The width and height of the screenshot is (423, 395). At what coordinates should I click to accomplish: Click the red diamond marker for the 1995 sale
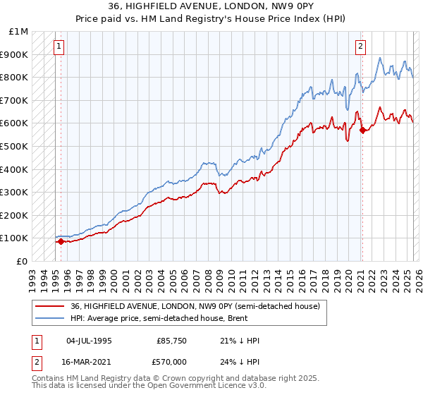tap(61, 242)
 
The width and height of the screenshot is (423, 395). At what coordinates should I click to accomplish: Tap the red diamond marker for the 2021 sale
tap(362, 130)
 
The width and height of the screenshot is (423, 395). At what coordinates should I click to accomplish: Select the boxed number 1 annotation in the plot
tap(59, 47)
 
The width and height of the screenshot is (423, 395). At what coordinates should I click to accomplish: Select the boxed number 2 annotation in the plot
tap(360, 47)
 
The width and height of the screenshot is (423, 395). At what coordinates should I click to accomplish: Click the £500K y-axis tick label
tap(13, 146)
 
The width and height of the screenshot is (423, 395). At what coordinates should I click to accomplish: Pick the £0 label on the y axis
tap(23, 261)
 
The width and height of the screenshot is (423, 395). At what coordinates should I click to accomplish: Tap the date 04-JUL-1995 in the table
tap(89, 341)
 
